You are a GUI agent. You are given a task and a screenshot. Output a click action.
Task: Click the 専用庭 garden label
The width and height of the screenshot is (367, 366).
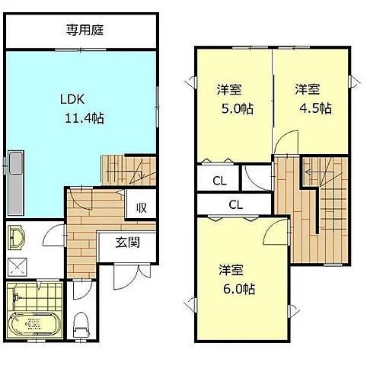tap(84, 30)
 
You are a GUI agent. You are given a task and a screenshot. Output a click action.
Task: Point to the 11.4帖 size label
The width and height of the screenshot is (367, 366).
tap(85, 118)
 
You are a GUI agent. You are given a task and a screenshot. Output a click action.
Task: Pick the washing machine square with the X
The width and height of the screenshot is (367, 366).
tap(16, 268)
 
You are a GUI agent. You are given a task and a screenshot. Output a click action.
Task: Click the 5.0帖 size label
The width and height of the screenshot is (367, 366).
tap(235, 108)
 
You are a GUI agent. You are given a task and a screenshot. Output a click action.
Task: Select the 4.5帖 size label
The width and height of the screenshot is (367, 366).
tap(314, 108)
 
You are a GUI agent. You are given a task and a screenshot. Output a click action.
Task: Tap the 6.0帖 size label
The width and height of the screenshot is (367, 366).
tap(238, 289)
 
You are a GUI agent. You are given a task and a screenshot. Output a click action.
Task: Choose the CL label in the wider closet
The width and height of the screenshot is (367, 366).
tap(235, 204)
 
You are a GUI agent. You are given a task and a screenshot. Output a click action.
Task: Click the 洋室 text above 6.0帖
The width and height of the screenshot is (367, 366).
tap(231, 270)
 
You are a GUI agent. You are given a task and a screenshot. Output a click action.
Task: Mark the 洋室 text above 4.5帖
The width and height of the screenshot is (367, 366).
tap(308, 88)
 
